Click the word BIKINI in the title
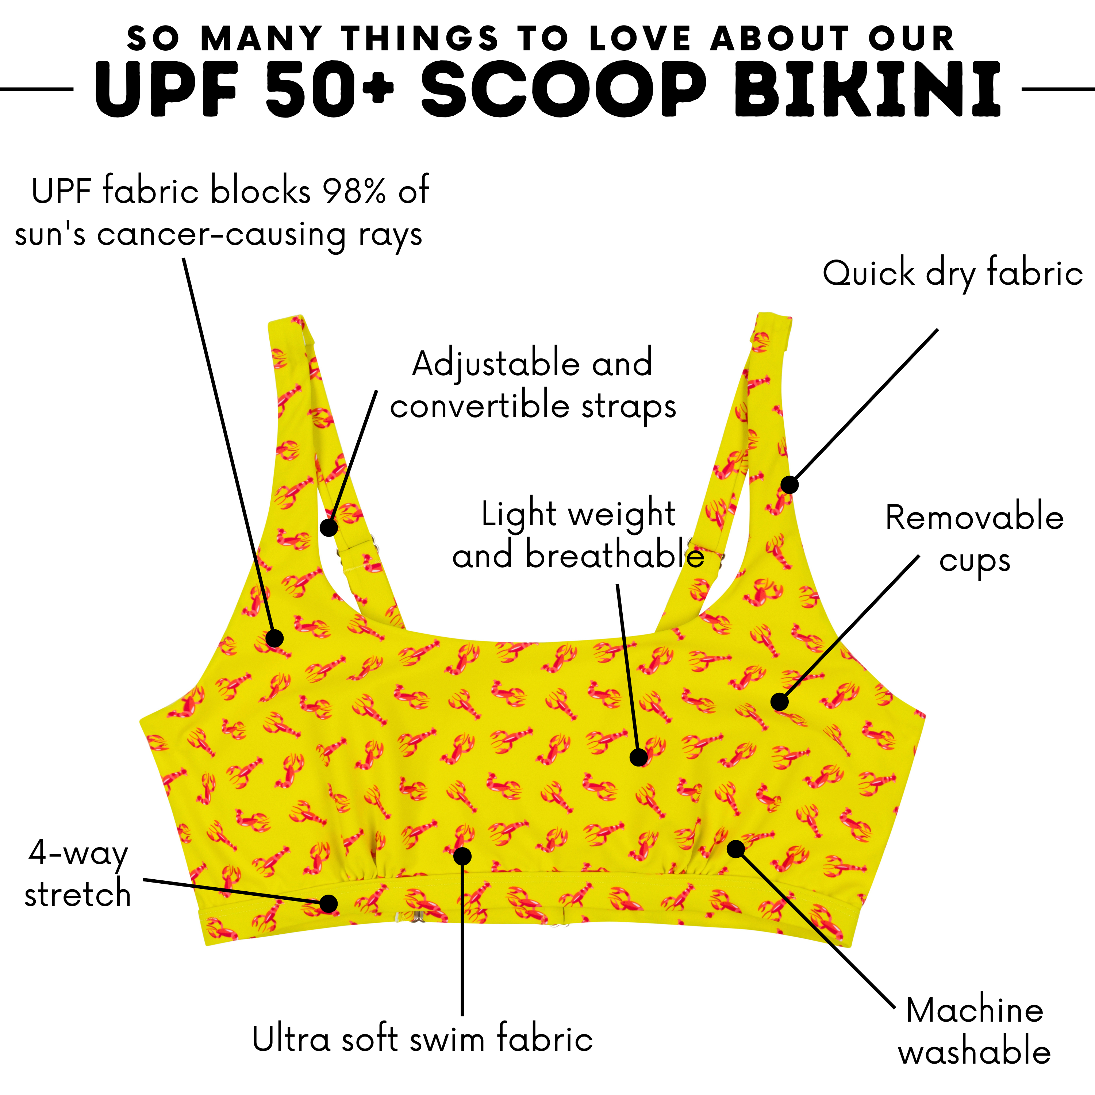pyautogui.click(x=867, y=89)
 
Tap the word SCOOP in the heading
pyautogui.click(x=564, y=89)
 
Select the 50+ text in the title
pyautogui.click(x=329, y=89)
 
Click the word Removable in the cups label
pyautogui.click(x=974, y=518)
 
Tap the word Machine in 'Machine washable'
pyautogui.click(x=974, y=1010)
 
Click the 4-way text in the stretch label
pyautogui.click(x=78, y=852)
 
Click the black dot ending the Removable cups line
pyautogui.click(x=779, y=702)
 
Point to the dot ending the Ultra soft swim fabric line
pyautogui.click(x=462, y=856)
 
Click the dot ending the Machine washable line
pyautogui.click(x=736, y=849)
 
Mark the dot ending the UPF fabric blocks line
pyautogui.click(x=275, y=638)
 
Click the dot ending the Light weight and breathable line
pyautogui.click(x=639, y=757)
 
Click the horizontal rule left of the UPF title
pyautogui.click(x=37, y=89)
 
